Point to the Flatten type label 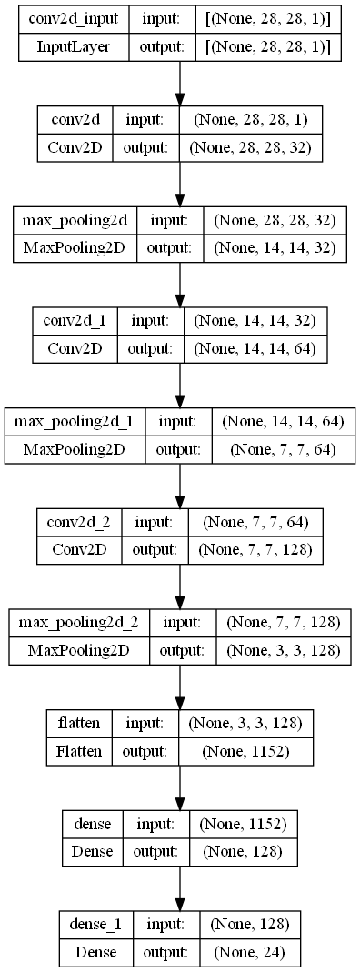click(x=79, y=752)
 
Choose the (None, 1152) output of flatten click(x=245, y=752)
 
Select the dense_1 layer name click(x=95, y=926)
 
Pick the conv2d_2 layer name click(x=83, y=524)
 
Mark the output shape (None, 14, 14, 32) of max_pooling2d click(x=265, y=248)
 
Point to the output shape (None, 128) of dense click(x=241, y=852)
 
